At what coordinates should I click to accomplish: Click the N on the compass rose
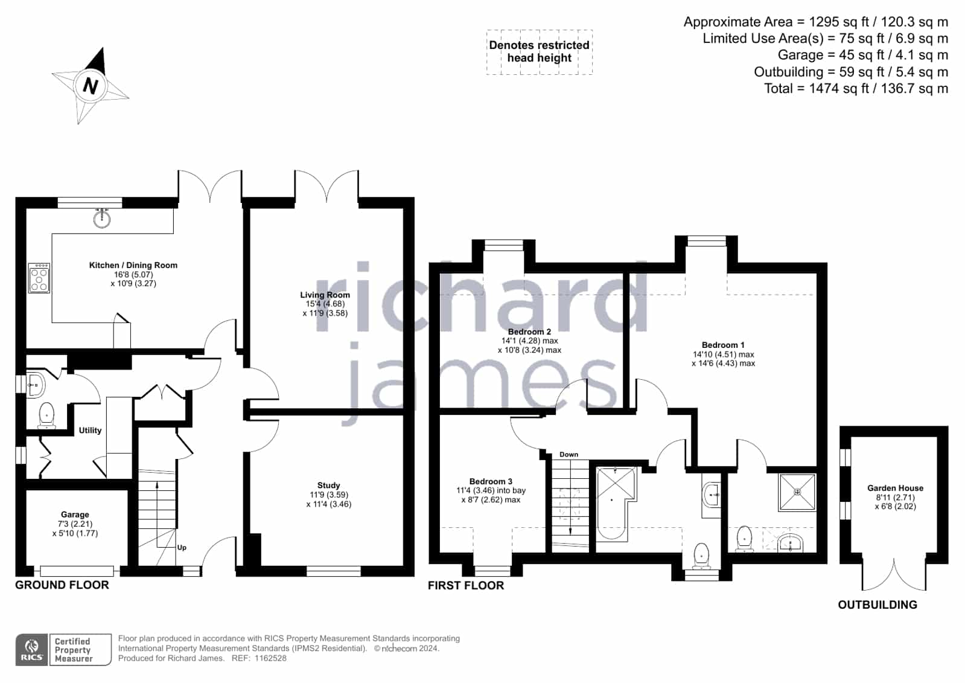90,86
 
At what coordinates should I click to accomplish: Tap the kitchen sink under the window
102,219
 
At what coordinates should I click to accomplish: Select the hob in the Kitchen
39,278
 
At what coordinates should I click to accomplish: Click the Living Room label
325,295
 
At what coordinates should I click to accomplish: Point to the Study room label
329,486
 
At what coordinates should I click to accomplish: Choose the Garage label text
75,515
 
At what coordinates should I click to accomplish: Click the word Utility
90,431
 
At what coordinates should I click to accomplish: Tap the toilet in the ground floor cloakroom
46,415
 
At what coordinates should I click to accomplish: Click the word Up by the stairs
182,548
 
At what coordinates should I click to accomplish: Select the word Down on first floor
568,455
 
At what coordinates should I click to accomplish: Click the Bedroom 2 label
529,332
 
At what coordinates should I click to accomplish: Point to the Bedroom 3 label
491,481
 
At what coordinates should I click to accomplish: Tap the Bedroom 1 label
723,345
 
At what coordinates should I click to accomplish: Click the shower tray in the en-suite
797,492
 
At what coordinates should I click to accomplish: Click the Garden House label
895,488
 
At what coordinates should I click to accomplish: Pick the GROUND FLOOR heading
62,585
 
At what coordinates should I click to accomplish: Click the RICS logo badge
31,649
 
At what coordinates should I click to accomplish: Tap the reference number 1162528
270,658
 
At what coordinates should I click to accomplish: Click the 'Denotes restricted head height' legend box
540,52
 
